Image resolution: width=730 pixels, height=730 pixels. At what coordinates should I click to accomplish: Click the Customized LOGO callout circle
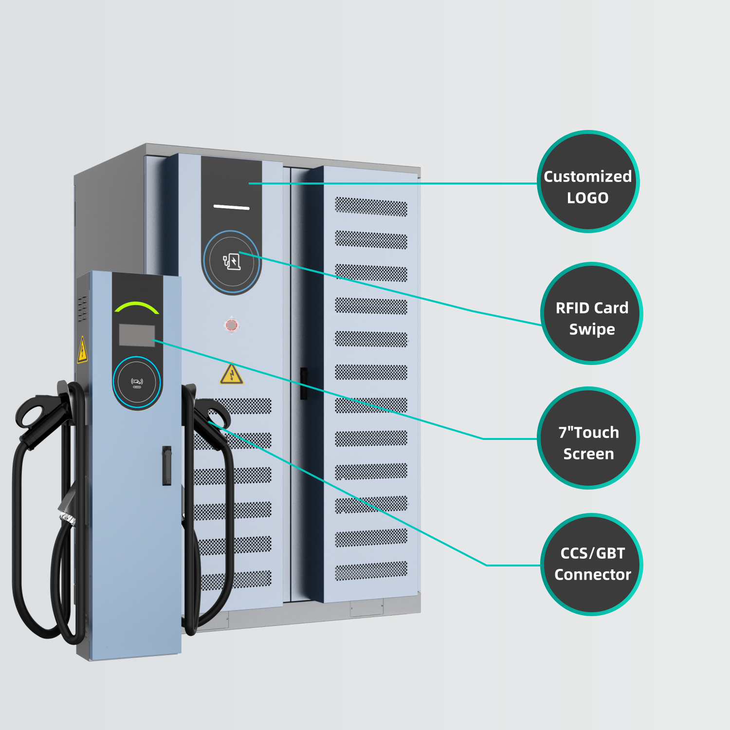[588, 182]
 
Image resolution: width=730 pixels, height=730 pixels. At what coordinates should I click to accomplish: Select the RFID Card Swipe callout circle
[591, 313]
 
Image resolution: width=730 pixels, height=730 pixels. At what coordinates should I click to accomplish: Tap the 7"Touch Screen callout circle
[588, 438]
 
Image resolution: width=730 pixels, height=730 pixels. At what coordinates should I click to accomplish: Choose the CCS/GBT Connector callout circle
[591, 565]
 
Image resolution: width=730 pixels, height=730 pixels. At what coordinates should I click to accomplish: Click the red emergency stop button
[232, 325]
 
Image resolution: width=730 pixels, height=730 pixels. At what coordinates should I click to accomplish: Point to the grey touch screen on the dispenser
[137, 335]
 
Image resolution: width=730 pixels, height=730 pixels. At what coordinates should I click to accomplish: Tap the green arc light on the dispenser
[137, 307]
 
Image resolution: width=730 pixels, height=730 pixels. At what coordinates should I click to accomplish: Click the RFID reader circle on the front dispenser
[137, 382]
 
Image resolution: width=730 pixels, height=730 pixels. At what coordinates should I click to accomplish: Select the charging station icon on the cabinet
[232, 262]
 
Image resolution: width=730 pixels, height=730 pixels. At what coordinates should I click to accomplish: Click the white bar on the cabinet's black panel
[232, 207]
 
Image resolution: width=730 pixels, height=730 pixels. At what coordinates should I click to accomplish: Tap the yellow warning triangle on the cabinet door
[232, 374]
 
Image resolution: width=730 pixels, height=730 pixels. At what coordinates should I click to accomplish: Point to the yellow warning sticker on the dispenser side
[82, 350]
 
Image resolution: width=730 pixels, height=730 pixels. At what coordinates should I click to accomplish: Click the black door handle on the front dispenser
[166, 466]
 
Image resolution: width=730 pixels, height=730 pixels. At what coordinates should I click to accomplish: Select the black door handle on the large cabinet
[304, 383]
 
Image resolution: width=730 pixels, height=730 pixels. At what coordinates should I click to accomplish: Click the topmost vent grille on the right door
[371, 207]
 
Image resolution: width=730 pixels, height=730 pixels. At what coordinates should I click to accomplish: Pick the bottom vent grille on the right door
[371, 571]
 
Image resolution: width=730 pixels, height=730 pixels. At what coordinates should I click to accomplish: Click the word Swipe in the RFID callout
[592, 329]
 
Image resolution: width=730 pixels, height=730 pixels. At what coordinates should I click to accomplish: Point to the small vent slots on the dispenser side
[83, 308]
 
